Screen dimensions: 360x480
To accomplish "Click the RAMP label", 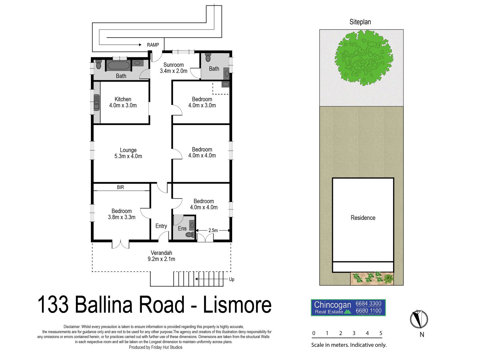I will tap(153, 45).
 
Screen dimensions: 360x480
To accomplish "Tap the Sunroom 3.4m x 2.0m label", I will tap(173, 68).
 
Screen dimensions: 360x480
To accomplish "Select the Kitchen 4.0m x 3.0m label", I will tap(123, 102).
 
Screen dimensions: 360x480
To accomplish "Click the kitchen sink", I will tap(97, 103).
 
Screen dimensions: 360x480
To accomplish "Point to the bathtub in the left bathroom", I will tap(118, 65).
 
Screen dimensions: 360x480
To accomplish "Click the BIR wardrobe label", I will tap(120, 187).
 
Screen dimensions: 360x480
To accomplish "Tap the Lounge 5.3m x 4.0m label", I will tap(128, 153).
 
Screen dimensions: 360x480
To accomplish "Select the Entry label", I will tap(161, 226).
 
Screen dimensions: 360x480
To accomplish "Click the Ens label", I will tap(182, 229).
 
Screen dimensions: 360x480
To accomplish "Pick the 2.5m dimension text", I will tap(213, 230).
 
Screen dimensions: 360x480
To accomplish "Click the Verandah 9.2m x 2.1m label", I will tap(161, 256).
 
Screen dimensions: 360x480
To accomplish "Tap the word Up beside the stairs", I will tap(232, 279).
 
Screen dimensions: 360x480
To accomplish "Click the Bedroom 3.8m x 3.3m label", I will tap(121, 214).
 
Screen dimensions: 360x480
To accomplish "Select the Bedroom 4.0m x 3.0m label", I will tap(202, 102).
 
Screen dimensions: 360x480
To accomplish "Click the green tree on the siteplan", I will tap(364, 58).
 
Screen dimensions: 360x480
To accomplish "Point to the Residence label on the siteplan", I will tap(363, 218).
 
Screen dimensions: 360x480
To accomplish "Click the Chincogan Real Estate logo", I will tap(348, 307).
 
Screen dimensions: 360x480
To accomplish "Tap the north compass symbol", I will tap(419, 319).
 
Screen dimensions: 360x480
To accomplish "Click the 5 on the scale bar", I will tap(381, 333).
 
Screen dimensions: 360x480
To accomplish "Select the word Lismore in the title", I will tap(237, 305).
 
